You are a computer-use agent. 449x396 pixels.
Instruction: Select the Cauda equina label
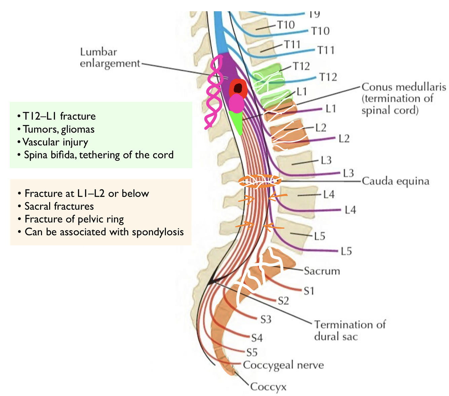(x=395, y=181)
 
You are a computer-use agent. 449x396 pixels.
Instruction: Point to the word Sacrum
(x=322, y=271)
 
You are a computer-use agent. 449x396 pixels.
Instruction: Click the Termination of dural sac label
(x=349, y=330)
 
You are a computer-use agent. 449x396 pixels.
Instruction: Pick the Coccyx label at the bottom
(x=268, y=387)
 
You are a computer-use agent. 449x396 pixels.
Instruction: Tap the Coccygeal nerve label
(x=283, y=365)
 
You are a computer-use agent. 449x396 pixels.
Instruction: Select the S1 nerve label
(x=309, y=291)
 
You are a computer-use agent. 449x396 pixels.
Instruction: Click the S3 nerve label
(x=266, y=319)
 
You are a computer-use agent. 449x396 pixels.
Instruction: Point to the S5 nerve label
(x=252, y=353)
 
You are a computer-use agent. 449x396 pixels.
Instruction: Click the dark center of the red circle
(x=238, y=88)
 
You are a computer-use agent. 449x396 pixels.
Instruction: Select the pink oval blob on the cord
(x=237, y=104)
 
